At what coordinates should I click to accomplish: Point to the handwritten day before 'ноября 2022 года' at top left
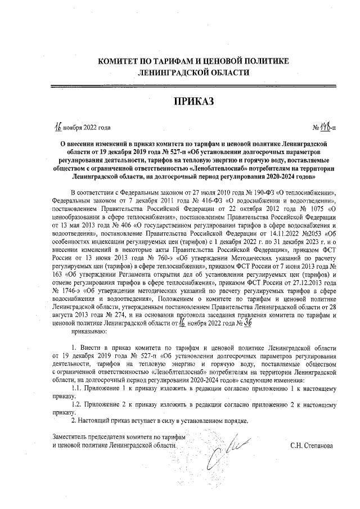57,127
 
